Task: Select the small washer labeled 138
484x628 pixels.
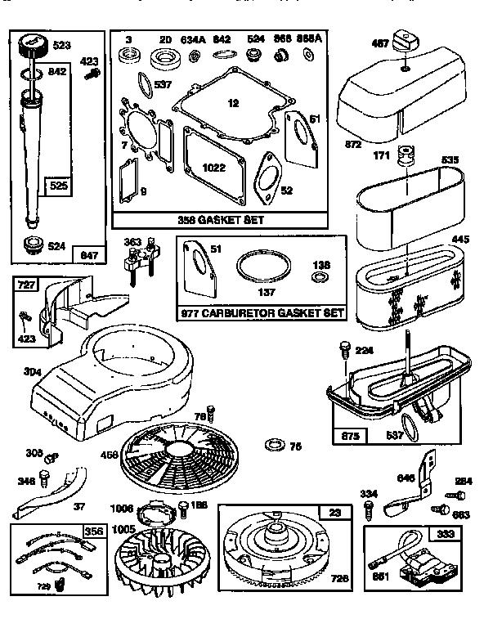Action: click(321, 277)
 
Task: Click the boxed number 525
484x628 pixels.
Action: click(55, 186)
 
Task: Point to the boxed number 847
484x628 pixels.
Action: click(87, 255)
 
